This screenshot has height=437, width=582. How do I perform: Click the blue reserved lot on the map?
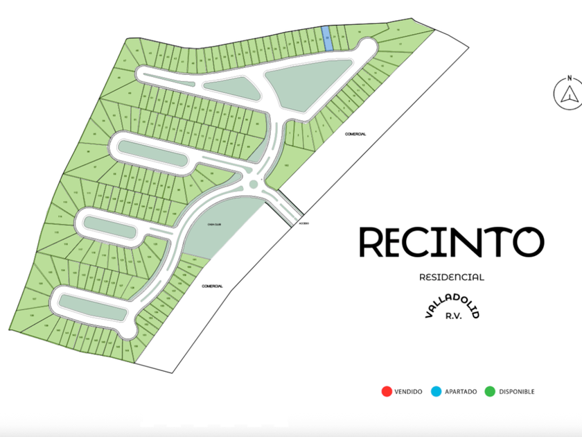pos(328,39)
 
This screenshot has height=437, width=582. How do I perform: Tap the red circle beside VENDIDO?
pos(386,391)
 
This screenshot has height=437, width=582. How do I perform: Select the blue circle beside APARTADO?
pos(436,391)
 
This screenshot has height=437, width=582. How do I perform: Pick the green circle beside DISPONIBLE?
pos(490,391)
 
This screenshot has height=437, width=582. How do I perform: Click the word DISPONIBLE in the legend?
pos(517,392)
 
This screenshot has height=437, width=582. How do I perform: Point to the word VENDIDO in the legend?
pos(408,392)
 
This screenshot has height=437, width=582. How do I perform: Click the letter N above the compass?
pos(568,77)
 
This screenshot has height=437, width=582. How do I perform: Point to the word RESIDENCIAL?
pos(452,277)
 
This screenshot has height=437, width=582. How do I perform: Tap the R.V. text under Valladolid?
pos(452,315)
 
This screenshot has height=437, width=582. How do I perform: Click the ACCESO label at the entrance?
pos(303,224)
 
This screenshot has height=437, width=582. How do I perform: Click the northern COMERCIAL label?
pos(355,134)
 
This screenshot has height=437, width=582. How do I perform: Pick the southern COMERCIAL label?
pos(212,286)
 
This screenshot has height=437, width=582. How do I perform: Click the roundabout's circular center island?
pos(254,184)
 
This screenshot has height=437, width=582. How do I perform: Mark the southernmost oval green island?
pos(91,305)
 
